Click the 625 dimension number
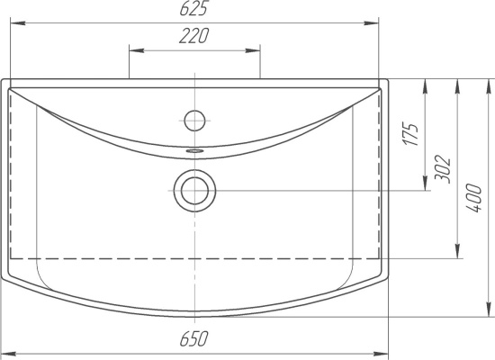click(194, 8)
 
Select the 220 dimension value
click(194, 36)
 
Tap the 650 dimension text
click(194, 338)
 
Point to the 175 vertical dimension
click(411, 134)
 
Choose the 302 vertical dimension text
click(442, 169)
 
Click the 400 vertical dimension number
click(473, 198)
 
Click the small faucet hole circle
click(194, 121)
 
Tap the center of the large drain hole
click(194, 191)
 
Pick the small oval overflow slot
click(194, 151)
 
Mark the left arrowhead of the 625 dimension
click(18, 23)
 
